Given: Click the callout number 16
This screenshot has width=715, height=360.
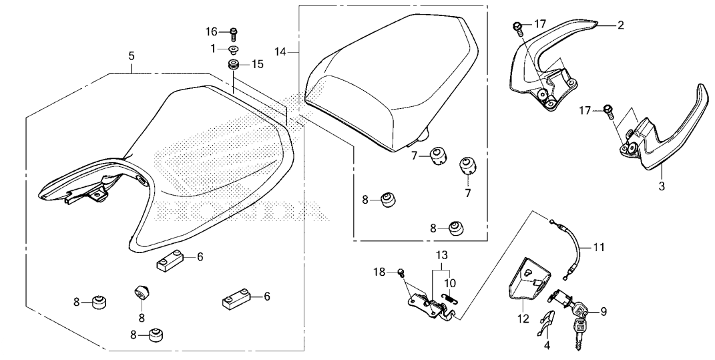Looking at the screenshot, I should [x=212, y=32].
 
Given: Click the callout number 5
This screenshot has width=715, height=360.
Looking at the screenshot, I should [x=132, y=57].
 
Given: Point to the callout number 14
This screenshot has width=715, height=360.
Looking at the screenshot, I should [x=280, y=50].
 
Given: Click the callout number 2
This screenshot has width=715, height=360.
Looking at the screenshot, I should [x=620, y=25].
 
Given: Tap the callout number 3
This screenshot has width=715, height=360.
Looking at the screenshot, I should [x=662, y=186].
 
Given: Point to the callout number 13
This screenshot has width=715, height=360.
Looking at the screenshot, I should [x=441, y=256].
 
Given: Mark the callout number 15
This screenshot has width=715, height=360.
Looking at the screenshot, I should [x=258, y=64].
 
